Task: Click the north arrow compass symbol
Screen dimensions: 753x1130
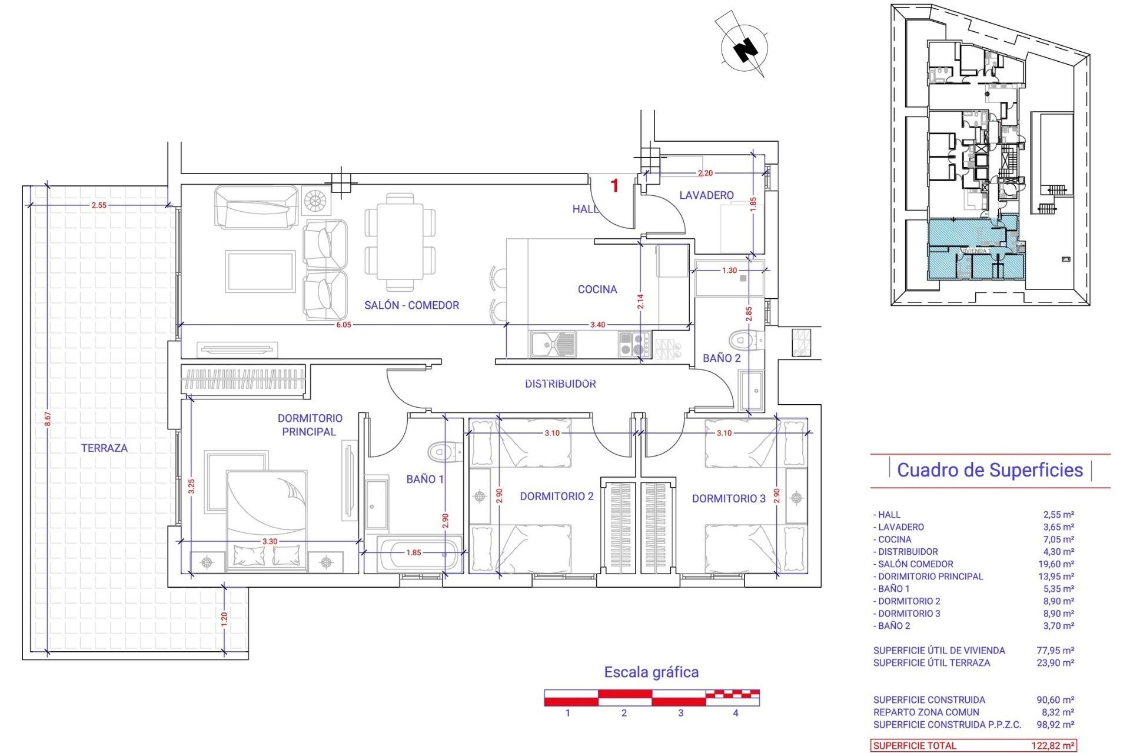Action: (745, 48)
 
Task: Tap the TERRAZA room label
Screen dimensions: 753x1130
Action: (104, 448)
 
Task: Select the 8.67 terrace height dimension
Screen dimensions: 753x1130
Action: (48, 419)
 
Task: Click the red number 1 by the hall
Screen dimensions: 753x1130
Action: (614, 186)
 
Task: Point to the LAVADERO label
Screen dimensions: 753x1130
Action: (706, 195)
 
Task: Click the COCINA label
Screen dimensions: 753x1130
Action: (597, 289)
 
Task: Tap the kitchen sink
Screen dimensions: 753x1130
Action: (553, 344)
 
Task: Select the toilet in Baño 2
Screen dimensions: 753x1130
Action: (743, 340)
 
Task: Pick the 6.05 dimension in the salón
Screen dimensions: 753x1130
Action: (344, 325)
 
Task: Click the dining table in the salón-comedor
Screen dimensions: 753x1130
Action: (400, 242)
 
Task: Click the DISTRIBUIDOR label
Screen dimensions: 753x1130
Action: (560, 384)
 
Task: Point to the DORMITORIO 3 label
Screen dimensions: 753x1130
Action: (728, 498)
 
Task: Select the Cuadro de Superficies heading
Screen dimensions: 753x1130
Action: (989, 470)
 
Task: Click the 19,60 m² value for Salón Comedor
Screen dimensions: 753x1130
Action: (1058, 564)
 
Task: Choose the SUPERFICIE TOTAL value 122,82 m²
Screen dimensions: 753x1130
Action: (1052, 745)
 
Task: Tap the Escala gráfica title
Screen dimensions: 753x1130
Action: (651, 672)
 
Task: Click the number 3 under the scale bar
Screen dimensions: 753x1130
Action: (680, 713)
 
